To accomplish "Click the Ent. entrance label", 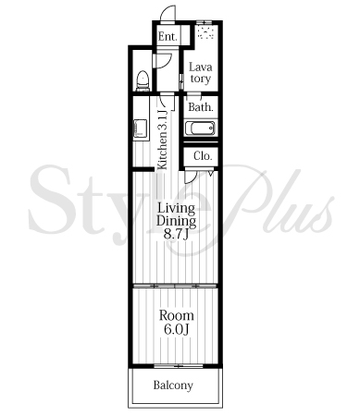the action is [x=168, y=37].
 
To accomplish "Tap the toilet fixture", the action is [x=143, y=80].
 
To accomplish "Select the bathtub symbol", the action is [x=200, y=128].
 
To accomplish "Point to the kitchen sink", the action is [x=140, y=128].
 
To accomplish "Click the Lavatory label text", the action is [x=200, y=73].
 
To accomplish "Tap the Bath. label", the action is [x=201, y=107].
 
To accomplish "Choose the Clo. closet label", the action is [x=203, y=156].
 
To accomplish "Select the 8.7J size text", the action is [x=176, y=234].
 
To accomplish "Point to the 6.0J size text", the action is [x=176, y=329].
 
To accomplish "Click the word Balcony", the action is [x=173, y=385].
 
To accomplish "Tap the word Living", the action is [x=176, y=209].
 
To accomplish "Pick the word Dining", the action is [x=176, y=221].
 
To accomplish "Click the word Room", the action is [x=177, y=315].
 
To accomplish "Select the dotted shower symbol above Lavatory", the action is [x=205, y=32].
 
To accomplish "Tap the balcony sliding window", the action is [x=179, y=366].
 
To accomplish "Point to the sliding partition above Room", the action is [x=175, y=287].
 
